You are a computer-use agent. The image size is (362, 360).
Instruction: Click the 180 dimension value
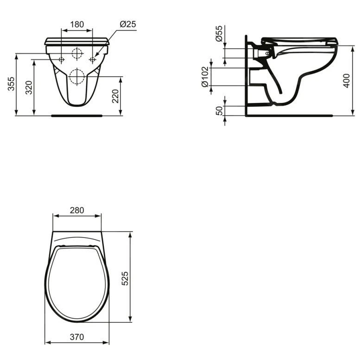[x=77, y=24]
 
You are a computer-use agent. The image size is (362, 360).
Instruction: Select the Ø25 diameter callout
[x=127, y=24]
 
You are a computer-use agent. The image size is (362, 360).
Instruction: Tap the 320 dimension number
[x=29, y=87]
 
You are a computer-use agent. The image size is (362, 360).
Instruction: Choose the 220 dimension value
[x=115, y=96]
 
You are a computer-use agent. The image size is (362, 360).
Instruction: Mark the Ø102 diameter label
[x=204, y=77]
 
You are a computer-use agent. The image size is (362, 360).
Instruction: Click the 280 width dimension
[x=77, y=210]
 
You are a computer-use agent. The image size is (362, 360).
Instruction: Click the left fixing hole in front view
[x=62, y=59]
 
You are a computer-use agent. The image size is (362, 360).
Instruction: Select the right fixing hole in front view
[x=92, y=59]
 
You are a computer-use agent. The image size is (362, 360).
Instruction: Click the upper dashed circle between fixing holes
[x=77, y=53]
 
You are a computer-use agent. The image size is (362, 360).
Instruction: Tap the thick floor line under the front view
[x=77, y=116]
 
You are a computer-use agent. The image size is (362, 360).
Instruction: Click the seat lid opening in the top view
[x=77, y=283]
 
